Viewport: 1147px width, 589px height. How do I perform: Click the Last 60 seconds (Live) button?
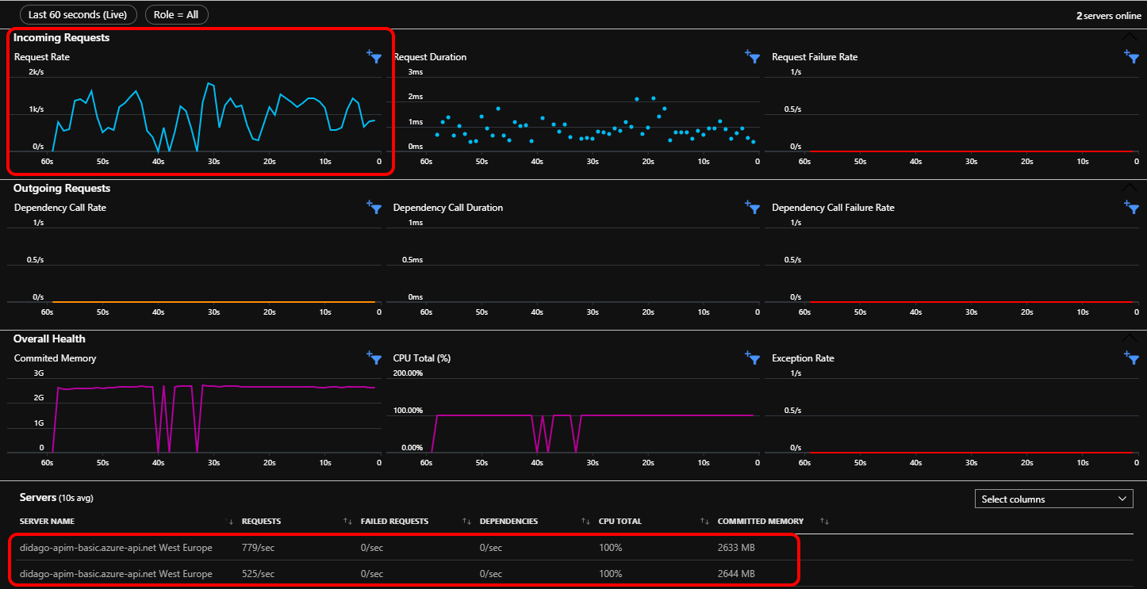click(x=78, y=15)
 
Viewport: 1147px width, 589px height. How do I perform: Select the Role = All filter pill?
click(x=176, y=15)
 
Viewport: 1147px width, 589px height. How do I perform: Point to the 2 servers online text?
click(x=1108, y=16)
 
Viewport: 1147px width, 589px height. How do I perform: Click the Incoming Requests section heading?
click(x=61, y=37)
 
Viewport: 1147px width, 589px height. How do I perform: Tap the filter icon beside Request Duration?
click(x=752, y=56)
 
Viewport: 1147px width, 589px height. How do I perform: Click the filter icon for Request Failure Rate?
click(x=1131, y=56)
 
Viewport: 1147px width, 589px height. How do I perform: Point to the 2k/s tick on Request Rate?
click(x=36, y=72)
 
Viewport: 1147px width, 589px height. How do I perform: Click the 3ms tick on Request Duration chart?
click(x=415, y=72)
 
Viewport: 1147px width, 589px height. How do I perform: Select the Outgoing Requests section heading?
click(x=62, y=188)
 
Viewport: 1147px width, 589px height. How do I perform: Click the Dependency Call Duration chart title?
click(x=448, y=208)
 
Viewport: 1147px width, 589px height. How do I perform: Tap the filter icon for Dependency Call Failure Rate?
click(x=1131, y=207)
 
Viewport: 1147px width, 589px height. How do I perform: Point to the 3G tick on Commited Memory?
click(x=38, y=373)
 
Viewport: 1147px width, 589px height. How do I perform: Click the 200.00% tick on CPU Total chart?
click(x=408, y=373)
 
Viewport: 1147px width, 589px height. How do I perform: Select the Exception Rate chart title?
click(x=803, y=358)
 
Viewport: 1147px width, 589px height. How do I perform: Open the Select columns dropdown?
click(x=1054, y=499)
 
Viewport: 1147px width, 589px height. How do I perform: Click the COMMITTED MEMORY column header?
click(x=760, y=521)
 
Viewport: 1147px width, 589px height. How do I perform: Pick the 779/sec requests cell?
click(x=258, y=547)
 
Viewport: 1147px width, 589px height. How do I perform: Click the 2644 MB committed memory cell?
click(x=736, y=574)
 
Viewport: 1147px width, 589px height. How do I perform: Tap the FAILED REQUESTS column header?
click(x=394, y=521)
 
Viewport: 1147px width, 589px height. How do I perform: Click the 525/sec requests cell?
click(x=258, y=574)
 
